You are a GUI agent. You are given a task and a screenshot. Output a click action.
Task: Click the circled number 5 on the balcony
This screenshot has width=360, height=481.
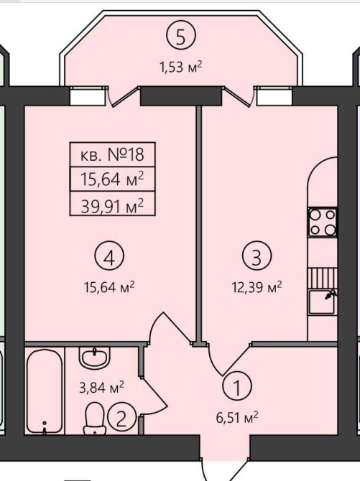click(x=181, y=37)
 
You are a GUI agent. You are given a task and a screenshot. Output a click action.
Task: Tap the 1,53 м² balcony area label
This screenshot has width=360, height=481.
click(x=180, y=67)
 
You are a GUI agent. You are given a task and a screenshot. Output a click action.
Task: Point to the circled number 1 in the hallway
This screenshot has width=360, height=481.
click(x=237, y=386)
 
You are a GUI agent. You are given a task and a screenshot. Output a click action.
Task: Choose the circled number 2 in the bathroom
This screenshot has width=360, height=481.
click(x=121, y=418)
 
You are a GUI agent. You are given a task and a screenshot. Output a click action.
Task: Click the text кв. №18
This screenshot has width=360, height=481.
click(x=112, y=154)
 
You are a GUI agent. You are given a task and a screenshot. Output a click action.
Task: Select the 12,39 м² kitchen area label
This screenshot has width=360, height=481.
click(x=257, y=288)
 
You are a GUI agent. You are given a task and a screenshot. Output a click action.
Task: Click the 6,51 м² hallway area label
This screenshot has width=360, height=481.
click(x=237, y=417)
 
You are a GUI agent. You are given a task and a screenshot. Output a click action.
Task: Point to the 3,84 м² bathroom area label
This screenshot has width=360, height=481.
click(x=101, y=387)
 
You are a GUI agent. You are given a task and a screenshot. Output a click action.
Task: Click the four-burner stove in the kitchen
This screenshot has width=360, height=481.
click(x=322, y=222)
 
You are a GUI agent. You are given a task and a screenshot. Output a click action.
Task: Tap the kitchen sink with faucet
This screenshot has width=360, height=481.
click(x=323, y=302)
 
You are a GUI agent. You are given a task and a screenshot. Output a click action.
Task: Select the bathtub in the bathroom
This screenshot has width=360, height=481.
click(x=45, y=392)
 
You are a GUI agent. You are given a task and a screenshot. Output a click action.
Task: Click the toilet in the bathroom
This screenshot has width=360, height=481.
click(x=94, y=419)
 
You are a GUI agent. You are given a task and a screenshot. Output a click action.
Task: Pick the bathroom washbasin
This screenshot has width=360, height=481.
click(x=94, y=358)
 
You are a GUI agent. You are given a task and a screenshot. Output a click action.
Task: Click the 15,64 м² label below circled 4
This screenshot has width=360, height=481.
click(x=109, y=288)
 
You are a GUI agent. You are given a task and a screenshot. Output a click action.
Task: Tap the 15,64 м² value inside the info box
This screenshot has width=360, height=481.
click(x=112, y=179)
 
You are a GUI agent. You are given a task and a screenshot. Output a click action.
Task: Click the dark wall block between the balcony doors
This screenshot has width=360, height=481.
click(x=181, y=95)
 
